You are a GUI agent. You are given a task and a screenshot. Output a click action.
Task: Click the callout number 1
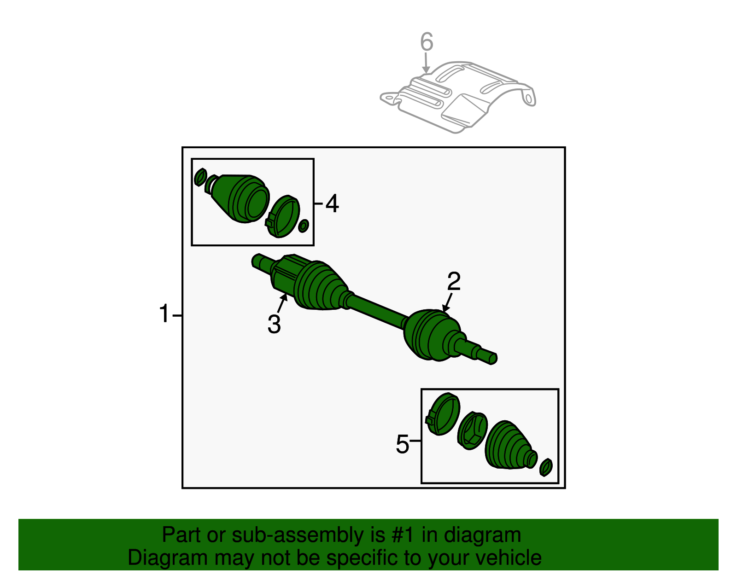coord(164,314)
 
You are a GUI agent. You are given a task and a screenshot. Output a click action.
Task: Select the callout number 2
coord(454,281)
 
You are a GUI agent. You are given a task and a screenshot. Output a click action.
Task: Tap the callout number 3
coord(274,324)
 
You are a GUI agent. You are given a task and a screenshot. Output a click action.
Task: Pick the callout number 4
coord(332,203)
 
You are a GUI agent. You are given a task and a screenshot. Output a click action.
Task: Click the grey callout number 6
coord(427,41)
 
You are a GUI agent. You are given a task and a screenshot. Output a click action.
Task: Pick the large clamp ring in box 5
coord(443,414)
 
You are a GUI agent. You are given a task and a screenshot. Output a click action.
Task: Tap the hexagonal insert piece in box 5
coord(473,430)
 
